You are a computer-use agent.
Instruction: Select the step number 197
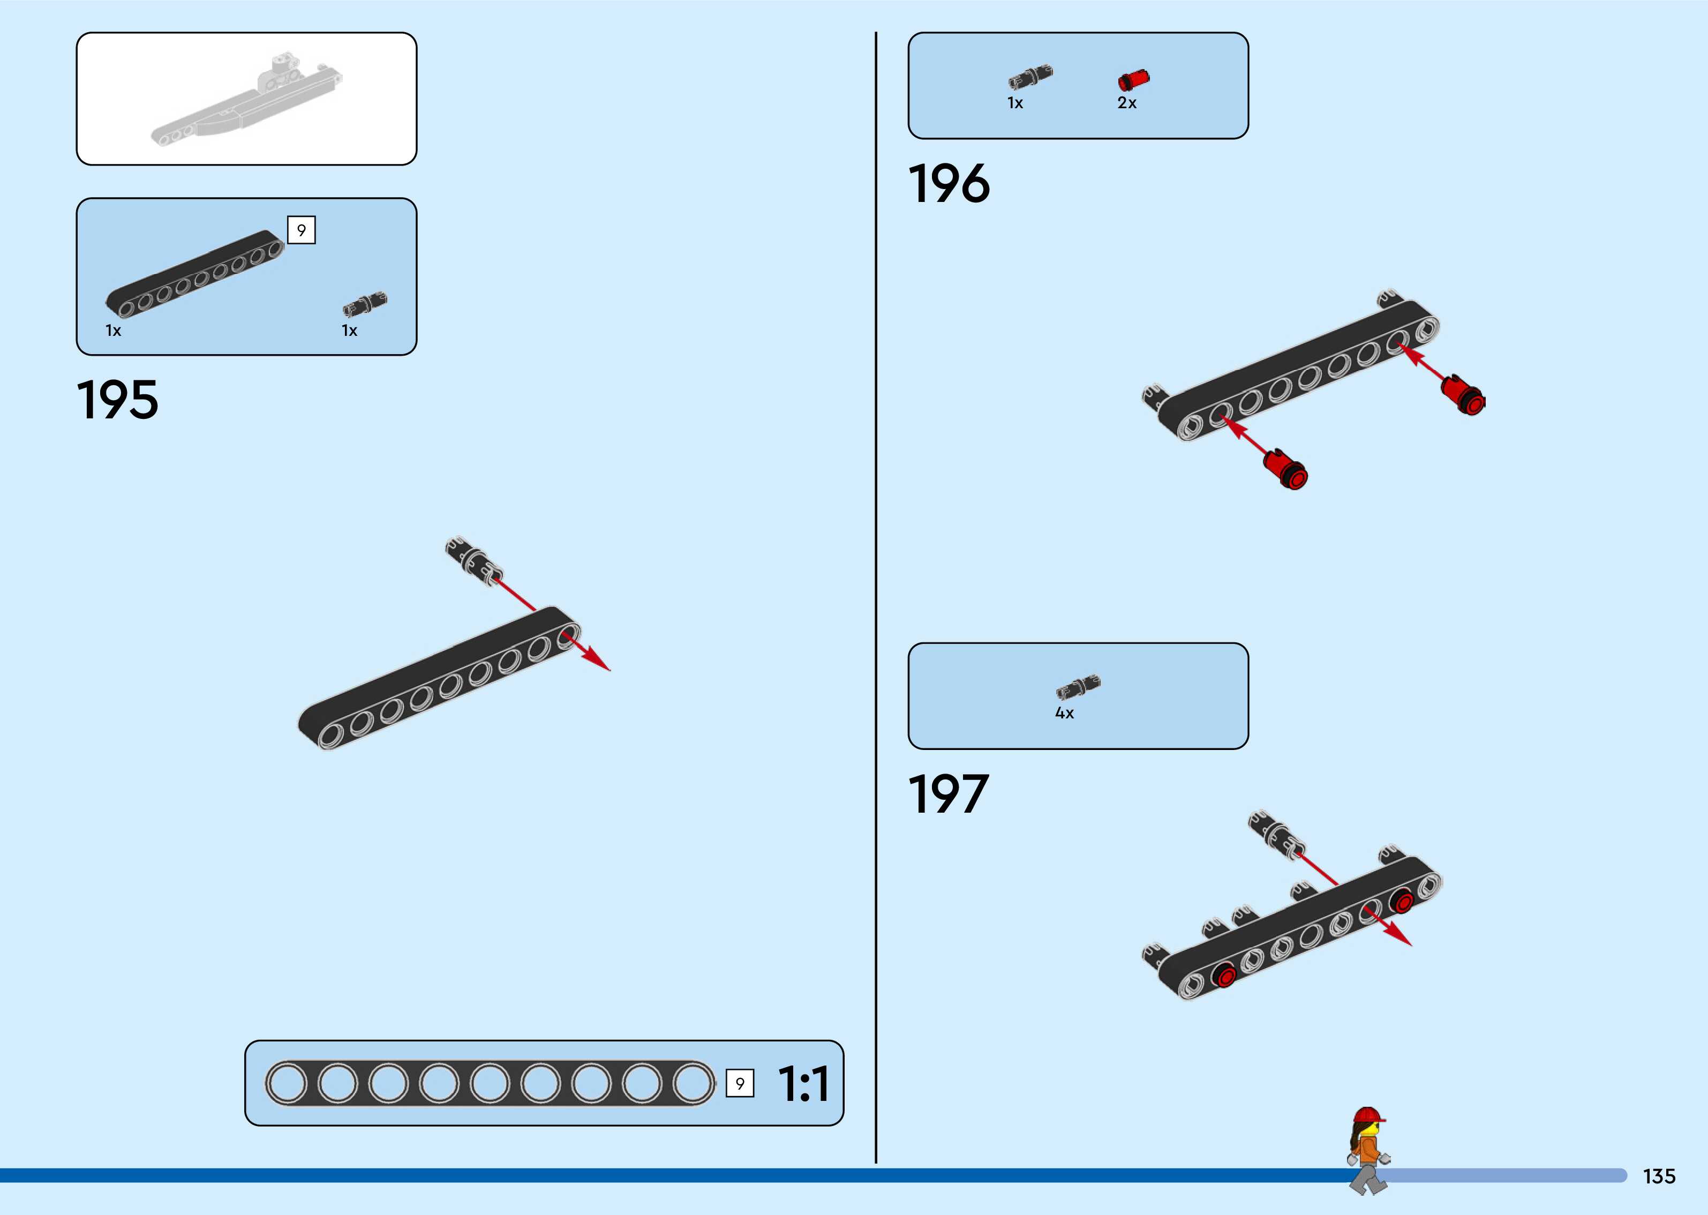948,794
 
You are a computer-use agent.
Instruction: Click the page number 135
1659,1176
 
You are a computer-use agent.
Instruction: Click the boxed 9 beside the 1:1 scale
740,1083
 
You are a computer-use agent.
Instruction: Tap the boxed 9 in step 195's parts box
302,230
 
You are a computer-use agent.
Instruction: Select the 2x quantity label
1127,103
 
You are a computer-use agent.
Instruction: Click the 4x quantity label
1064,714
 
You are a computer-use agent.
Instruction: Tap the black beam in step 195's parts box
194,274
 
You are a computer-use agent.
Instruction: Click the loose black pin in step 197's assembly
1275,832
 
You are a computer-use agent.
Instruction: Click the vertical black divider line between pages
876,598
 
